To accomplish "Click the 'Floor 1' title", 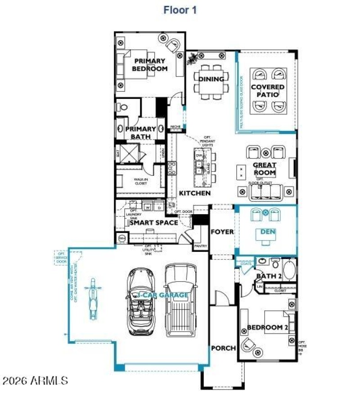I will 180,10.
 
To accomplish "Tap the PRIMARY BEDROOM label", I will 149,65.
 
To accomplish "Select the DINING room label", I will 211,79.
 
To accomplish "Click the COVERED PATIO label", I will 268,90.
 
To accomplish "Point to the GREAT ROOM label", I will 265,169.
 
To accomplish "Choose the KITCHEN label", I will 195,193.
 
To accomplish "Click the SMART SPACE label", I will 154,222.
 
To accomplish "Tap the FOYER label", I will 222,232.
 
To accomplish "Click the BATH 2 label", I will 269,275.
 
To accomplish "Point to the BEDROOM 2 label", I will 267,327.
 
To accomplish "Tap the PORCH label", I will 223,348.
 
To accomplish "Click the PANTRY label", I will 200,246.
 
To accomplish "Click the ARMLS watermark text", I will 35,381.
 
